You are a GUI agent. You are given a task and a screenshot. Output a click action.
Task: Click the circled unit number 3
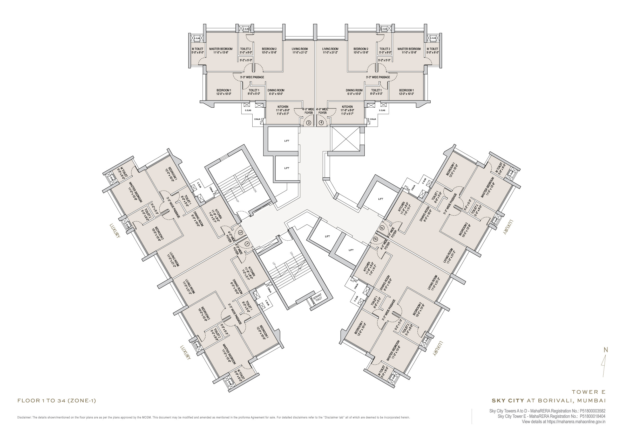click(309, 123)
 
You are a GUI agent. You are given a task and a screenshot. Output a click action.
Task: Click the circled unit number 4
click(321, 123)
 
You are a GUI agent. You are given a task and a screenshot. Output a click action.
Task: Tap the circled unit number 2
click(240, 232)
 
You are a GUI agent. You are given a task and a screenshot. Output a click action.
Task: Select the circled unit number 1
click(247, 244)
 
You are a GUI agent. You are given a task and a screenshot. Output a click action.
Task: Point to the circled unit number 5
click(382, 228)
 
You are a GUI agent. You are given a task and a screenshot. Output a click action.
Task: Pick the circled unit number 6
click(376, 239)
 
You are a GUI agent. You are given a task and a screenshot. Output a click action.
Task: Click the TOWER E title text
click(588, 392)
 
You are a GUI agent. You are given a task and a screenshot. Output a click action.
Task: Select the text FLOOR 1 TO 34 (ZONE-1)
click(57, 401)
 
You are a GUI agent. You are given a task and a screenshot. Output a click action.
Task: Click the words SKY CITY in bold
click(508, 400)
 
